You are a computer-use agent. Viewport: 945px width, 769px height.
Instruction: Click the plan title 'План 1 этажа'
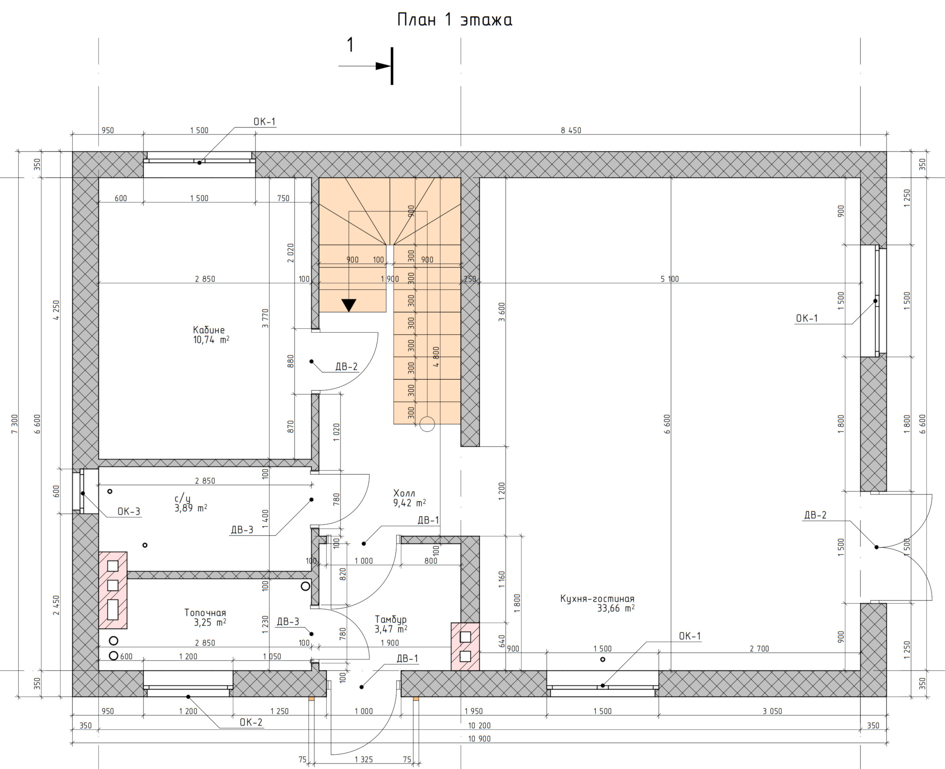(454, 20)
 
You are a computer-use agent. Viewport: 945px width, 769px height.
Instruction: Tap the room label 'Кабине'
(209, 330)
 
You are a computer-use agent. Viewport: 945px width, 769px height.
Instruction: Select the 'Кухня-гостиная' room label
(597, 599)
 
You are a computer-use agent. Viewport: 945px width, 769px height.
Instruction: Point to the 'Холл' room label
(404, 493)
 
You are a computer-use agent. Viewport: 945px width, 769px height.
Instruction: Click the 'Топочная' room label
(205, 613)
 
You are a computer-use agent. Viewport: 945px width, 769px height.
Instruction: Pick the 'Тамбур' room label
(391, 619)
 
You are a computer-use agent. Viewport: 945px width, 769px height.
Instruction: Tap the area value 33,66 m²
(616, 609)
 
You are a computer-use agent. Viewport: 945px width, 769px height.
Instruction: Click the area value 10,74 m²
(211, 340)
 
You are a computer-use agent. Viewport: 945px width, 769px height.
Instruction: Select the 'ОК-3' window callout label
(129, 511)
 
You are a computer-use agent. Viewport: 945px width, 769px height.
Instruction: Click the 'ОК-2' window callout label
(251, 722)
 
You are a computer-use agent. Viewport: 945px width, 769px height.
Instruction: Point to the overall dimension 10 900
(479, 739)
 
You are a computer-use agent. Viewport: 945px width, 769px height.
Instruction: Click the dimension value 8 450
(571, 130)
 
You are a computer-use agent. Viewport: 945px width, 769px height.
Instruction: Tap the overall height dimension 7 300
(15, 424)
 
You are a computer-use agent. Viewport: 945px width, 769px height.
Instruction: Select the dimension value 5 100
(669, 278)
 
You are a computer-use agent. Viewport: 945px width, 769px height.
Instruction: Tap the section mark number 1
(350, 45)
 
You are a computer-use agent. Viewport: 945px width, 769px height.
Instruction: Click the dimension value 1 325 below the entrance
(363, 759)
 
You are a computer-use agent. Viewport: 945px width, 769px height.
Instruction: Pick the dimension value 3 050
(772, 711)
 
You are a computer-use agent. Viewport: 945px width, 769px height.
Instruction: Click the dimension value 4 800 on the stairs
(436, 356)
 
